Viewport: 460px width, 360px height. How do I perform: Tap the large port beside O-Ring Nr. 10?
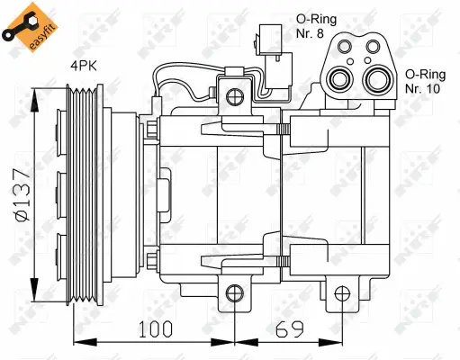point(376,78)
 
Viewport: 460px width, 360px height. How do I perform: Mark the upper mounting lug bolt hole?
point(234,97)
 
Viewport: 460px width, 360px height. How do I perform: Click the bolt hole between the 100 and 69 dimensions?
point(234,292)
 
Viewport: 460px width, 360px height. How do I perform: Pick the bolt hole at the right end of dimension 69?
point(341,292)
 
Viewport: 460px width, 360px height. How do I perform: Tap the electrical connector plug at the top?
point(281,63)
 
